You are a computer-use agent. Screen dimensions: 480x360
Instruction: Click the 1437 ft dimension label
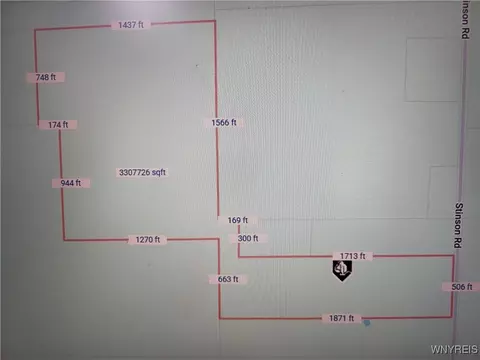click(131, 25)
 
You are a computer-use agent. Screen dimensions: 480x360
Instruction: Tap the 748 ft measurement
click(46, 77)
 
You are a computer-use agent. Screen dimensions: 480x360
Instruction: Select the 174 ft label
click(58, 125)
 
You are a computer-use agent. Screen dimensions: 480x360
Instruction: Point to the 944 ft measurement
click(71, 183)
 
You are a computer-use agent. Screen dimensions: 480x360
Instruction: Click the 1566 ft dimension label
click(224, 123)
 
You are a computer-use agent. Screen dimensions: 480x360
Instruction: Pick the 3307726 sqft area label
click(142, 172)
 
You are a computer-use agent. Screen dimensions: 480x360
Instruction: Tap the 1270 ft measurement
click(148, 240)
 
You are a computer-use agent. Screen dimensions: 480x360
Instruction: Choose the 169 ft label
click(238, 220)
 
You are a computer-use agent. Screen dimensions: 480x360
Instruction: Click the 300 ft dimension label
click(248, 238)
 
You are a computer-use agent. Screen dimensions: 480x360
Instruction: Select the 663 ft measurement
click(228, 279)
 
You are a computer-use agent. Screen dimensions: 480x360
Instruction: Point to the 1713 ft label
click(352, 256)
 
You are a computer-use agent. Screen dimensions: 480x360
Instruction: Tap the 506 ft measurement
click(462, 287)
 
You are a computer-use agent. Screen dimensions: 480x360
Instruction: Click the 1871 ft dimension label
click(342, 318)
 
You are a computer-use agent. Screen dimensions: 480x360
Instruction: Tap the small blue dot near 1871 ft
click(367, 323)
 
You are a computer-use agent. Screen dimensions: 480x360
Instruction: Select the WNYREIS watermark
click(454, 349)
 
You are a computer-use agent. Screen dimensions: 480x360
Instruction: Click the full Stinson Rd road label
click(459, 225)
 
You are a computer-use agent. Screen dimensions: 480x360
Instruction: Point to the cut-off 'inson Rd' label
click(466, 19)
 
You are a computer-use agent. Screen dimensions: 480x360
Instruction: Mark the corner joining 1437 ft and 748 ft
click(35, 30)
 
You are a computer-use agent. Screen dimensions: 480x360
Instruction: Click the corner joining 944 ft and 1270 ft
click(64, 240)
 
